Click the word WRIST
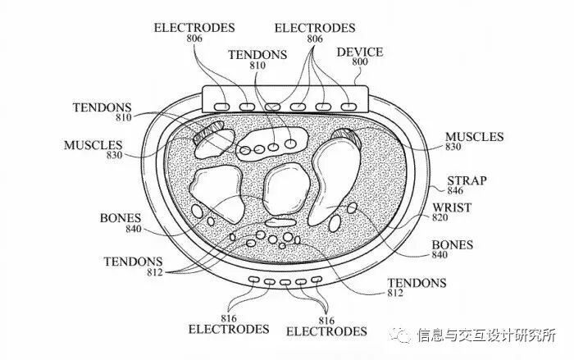451,207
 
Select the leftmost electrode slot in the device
221,107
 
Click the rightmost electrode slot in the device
348,107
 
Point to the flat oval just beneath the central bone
280,221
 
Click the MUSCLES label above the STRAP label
473,137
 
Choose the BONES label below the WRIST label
450,244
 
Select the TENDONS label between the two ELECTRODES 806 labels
257,55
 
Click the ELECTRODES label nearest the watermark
326,331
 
